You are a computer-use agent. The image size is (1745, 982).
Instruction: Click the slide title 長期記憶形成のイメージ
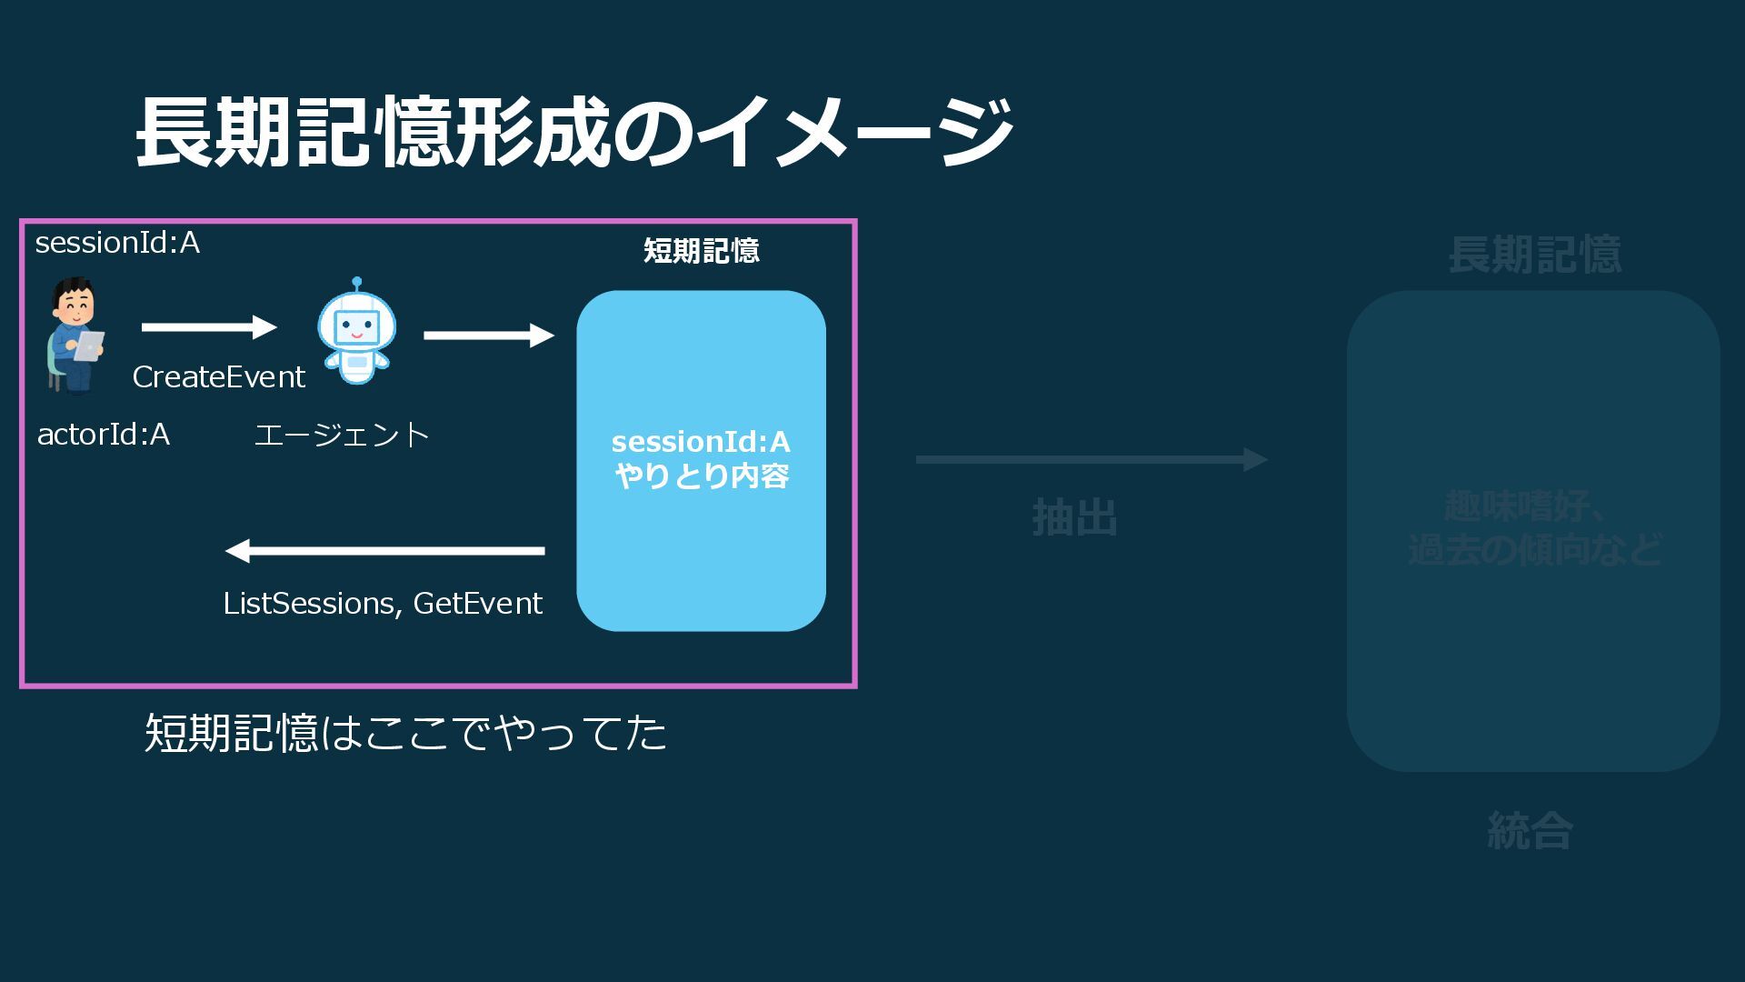[x=574, y=133]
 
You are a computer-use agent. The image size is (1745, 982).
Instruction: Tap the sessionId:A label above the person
[x=117, y=243]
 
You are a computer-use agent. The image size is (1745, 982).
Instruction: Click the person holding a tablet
[x=75, y=336]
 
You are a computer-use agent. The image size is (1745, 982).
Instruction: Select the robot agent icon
[x=356, y=333]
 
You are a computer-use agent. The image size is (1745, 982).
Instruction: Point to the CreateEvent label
[x=218, y=376]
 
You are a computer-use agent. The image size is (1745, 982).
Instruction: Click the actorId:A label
[x=104, y=435]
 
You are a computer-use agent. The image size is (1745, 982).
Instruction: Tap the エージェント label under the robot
[x=342, y=435]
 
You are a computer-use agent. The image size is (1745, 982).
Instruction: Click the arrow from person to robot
[x=209, y=327]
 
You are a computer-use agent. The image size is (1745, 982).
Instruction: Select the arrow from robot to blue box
[x=488, y=336]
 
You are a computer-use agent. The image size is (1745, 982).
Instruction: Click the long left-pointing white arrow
[x=384, y=550]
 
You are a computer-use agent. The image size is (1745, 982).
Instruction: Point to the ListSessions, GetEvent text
[x=383, y=603]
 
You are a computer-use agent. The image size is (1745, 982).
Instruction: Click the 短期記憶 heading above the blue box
[x=701, y=250]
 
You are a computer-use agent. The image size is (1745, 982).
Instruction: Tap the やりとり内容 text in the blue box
[x=701, y=476]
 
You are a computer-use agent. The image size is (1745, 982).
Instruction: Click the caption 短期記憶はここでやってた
[x=405, y=733]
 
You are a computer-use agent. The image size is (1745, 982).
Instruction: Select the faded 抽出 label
[x=1074, y=517]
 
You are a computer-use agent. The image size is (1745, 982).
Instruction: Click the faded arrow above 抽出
[x=1091, y=459]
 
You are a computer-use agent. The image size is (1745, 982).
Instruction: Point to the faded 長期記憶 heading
[x=1534, y=255]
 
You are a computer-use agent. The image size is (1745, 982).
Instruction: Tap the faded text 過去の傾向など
[x=1534, y=549]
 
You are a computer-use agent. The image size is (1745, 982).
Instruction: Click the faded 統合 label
[x=1530, y=830]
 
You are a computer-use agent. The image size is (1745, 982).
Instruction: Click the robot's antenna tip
[x=357, y=282]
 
